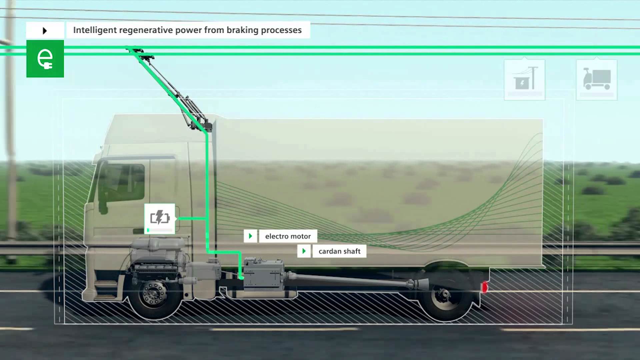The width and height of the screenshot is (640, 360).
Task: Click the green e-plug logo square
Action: pyautogui.click(x=45, y=59)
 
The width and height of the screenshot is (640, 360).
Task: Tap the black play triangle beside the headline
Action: pyautogui.click(x=45, y=31)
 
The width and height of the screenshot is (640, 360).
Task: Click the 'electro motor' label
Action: pyautogui.click(x=288, y=236)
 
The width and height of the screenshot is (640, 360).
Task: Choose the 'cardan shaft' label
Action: pyautogui.click(x=339, y=251)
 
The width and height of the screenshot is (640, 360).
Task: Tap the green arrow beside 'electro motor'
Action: pyautogui.click(x=250, y=236)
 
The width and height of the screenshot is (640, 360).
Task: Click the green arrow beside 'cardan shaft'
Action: pyautogui.click(x=304, y=251)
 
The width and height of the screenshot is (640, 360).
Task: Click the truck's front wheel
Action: pyautogui.click(x=154, y=294)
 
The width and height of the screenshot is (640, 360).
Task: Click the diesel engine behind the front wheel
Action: pyautogui.click(x=158, y=257)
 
